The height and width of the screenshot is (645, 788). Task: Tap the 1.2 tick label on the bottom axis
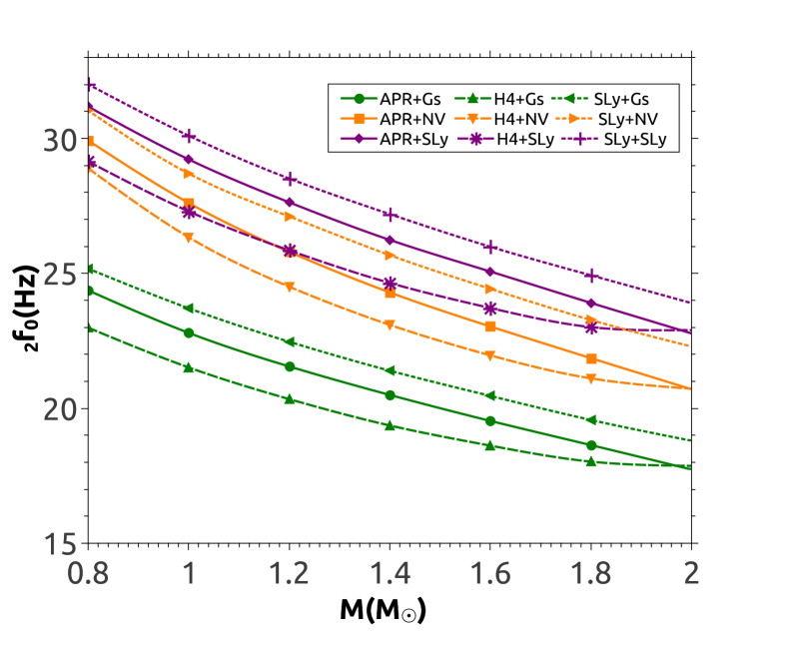(290, 574)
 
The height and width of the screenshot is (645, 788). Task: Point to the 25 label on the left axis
(60, 275)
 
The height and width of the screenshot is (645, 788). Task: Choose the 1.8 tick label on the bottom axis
(590, 574)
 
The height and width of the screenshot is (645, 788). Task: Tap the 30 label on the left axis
(60, 141)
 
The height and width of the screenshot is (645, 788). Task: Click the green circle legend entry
(360, 99)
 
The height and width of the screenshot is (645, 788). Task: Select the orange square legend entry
(360, 119)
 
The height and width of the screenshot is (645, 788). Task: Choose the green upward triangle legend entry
(472, 99)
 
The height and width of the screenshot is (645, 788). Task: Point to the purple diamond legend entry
(360, 139)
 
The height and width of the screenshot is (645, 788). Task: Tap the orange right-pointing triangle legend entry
(573, 119)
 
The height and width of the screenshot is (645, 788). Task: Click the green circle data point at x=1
(189, 332)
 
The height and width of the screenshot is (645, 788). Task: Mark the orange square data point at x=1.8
(590, 358)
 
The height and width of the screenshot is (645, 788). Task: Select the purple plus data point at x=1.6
(490, 247)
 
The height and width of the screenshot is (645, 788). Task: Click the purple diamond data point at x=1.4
(390, 241)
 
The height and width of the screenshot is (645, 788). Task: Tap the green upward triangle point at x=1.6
(490, 445)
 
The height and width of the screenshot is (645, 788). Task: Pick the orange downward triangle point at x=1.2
(290, 288)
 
